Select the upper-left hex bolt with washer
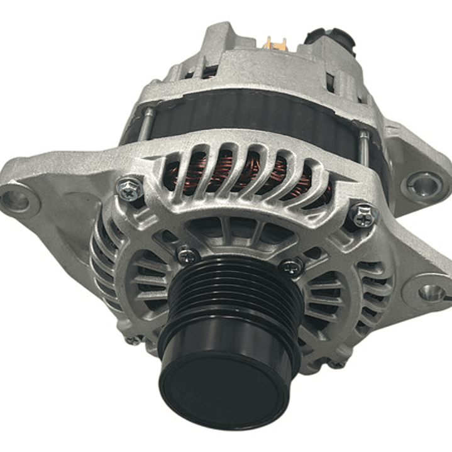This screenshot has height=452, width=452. point(130,189)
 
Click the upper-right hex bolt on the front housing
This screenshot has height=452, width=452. point(363,216)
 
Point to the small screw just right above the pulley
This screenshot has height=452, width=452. point(292,267)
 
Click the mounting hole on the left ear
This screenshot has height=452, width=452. point(16,201)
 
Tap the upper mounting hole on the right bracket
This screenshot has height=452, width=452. point(422,184)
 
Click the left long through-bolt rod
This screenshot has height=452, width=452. point(145,123)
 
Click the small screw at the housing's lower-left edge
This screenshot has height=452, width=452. point(133,340)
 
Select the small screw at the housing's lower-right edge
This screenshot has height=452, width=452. point(337,363)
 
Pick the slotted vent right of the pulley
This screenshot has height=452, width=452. point(327,295)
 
